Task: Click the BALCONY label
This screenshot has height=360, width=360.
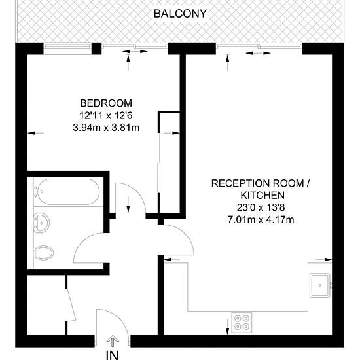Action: [180, 14]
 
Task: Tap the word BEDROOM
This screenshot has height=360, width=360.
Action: [106, 103]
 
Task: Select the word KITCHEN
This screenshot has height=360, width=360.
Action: [262, 196]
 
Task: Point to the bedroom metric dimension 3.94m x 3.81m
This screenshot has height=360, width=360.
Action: [106, 128]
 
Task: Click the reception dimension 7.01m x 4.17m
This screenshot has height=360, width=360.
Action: [261, 220]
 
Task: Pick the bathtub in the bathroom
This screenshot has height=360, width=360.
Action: [69, 192]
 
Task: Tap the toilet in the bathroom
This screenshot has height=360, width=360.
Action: [43, 253]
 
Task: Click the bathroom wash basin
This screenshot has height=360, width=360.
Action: [41, 223]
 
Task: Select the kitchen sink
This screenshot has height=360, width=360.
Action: [320, 285]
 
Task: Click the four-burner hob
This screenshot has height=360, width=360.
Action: [242, 322]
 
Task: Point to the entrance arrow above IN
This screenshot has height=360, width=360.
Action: [113, 341]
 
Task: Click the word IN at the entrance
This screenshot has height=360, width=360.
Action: [113, 355]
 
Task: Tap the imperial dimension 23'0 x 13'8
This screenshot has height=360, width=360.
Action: [261, 207]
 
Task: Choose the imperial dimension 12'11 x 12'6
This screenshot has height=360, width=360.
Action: [106, 115]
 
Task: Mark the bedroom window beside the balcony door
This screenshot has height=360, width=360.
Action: [67, 48]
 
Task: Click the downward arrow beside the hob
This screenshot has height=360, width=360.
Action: [227, 327]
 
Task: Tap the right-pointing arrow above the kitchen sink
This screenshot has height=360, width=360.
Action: [324, 259]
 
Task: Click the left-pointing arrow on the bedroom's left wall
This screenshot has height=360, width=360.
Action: [35, 133]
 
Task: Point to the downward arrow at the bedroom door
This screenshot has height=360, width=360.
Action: [128, 205]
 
